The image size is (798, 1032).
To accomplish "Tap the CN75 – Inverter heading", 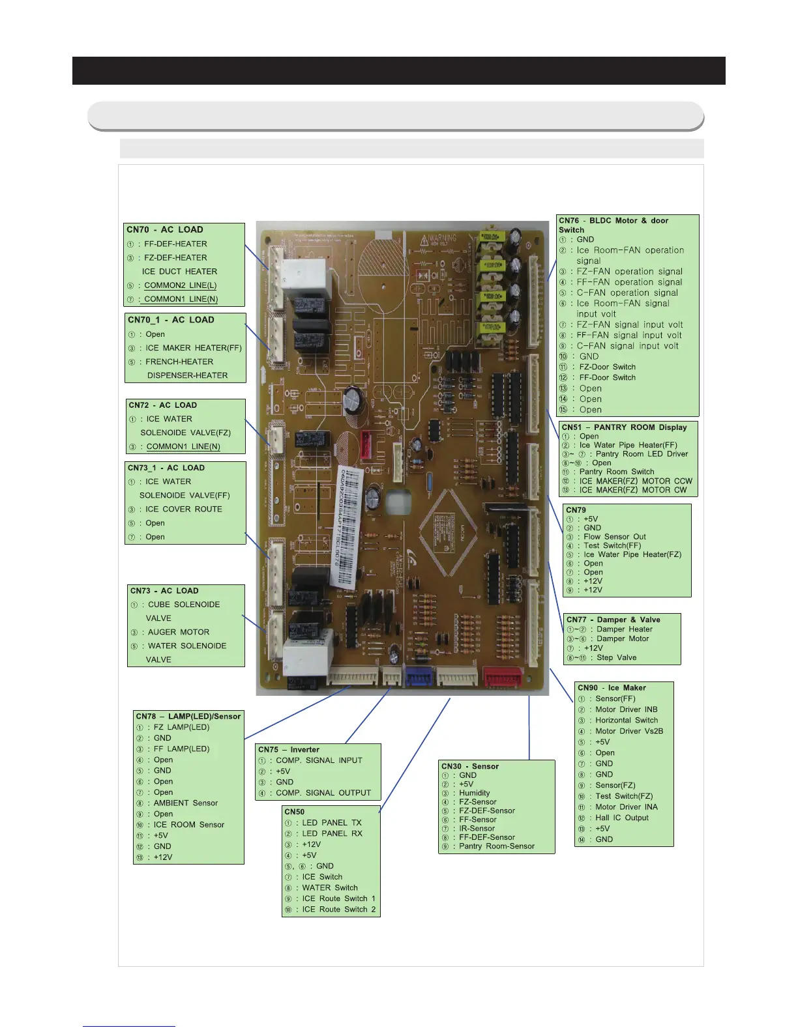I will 289,750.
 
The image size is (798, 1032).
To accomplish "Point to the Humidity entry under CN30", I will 475,793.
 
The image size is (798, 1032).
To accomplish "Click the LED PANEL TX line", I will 332,823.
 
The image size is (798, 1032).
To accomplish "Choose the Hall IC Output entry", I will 622,818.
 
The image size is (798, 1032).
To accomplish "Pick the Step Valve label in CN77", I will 617,657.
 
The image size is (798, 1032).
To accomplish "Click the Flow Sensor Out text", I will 615,537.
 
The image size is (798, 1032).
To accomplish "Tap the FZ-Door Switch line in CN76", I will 607,367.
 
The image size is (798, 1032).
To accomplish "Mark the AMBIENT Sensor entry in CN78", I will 186,803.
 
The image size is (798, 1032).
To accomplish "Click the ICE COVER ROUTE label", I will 184,509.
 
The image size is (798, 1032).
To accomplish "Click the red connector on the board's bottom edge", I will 502,677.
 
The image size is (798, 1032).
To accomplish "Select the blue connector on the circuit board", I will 420,677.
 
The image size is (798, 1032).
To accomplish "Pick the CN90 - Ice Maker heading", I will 612,688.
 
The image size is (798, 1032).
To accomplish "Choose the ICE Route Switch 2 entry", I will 339,910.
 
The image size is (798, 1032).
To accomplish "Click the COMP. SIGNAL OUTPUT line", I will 323,793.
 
